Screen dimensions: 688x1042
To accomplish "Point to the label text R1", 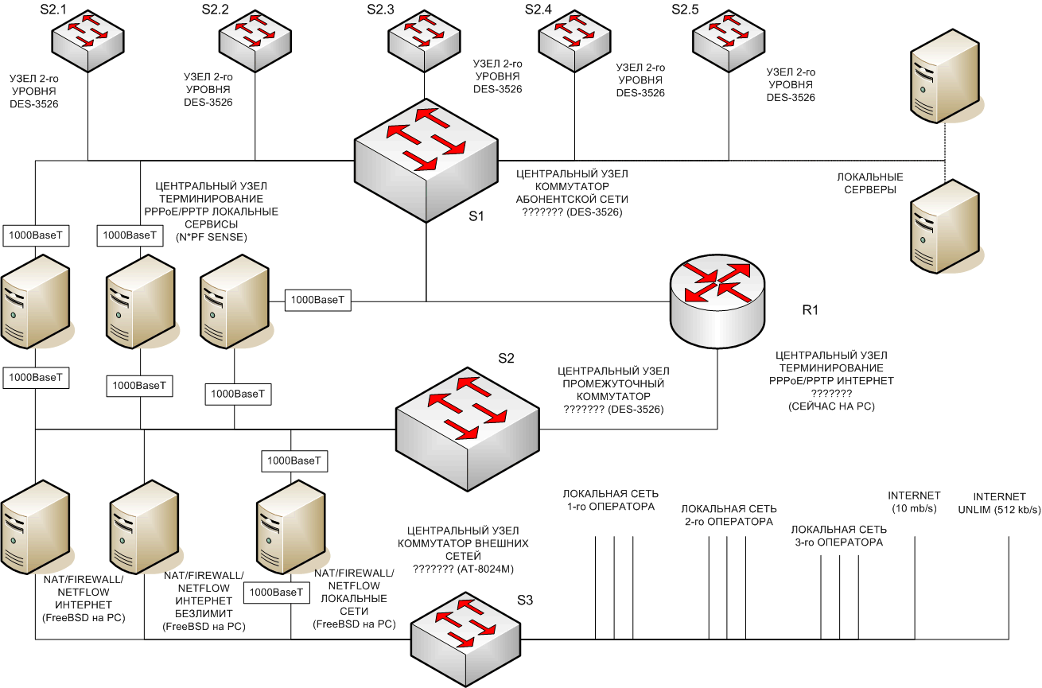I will tap(810, 310).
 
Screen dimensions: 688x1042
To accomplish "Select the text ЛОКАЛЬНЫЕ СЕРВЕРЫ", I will tap(866, 184).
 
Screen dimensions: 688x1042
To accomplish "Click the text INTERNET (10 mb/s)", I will tap(914, 502).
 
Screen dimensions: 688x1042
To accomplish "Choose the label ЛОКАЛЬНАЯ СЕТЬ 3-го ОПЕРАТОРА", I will tap(838, 535).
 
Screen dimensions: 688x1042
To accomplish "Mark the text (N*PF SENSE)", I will tap(211, 237).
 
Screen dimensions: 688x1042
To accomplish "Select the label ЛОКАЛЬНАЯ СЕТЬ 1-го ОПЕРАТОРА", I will tap(610, 500).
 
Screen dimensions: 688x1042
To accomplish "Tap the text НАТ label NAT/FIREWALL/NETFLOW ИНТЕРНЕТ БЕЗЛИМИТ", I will tap(203, 601).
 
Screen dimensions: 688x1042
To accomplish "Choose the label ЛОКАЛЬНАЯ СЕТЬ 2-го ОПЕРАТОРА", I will tap(729, 515).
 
